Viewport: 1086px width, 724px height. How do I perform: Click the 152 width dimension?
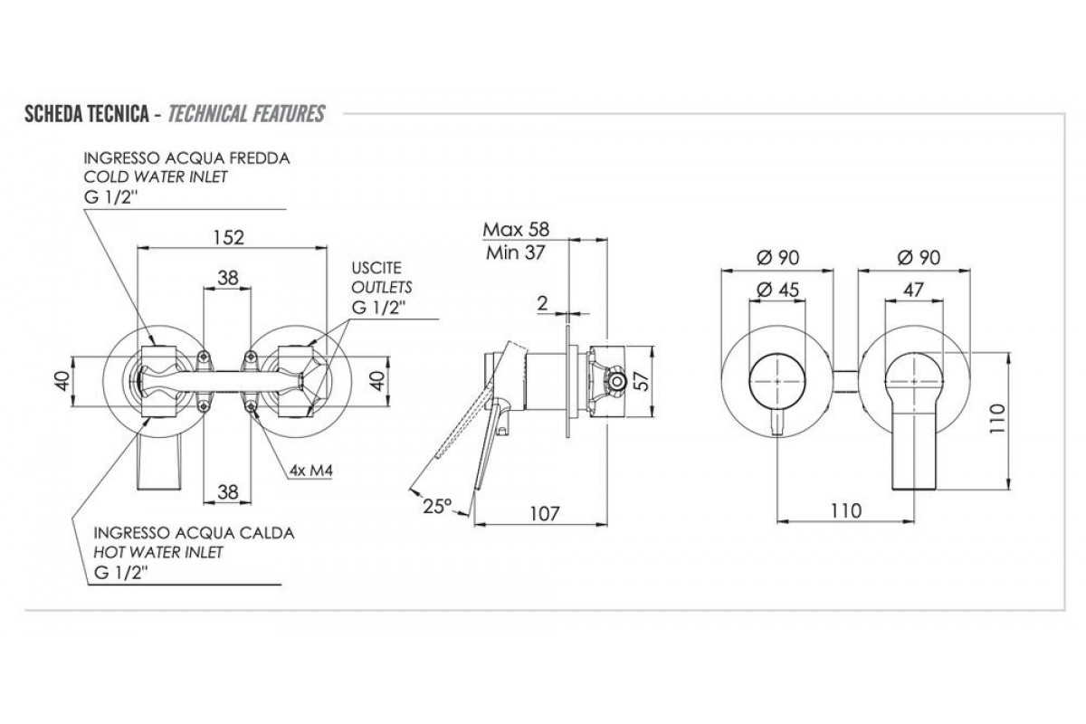tap(230, 237)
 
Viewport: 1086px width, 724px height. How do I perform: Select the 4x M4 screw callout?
tap(306, 471)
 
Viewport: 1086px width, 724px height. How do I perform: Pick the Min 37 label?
tap(515, 252)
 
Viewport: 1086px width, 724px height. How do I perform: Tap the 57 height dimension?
tap(640, 381)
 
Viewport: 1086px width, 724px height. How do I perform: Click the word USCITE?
tap(377, 268)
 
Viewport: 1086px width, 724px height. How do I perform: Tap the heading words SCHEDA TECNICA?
tap(86, 114)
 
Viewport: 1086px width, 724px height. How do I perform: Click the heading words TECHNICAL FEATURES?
tap(247, 114)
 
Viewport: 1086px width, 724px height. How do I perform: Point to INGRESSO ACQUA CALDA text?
tap(194, 533)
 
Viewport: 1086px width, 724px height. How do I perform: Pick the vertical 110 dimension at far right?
tap(1024, 418)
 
